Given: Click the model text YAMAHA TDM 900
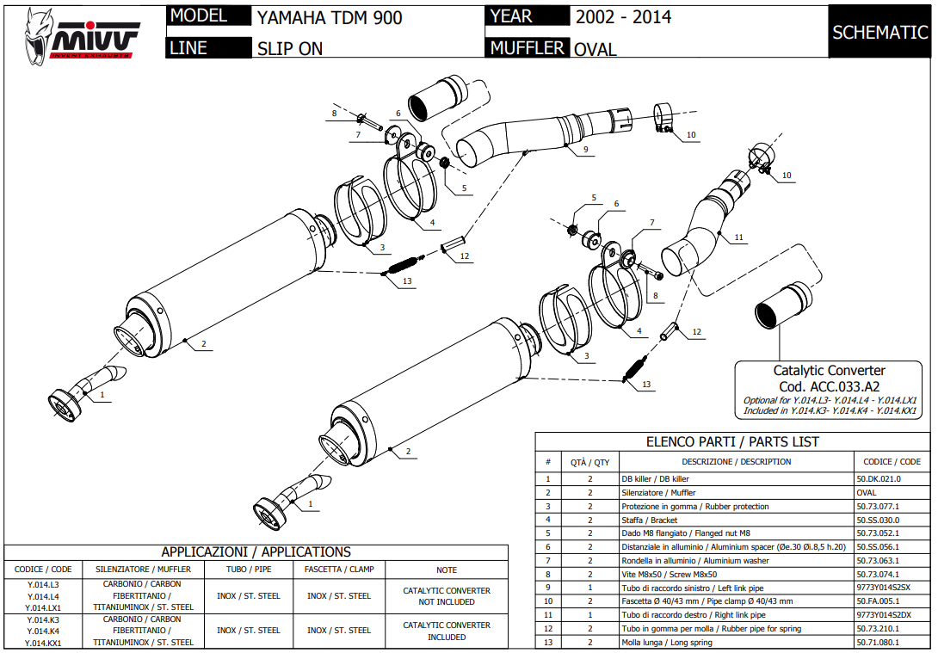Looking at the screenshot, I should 329,17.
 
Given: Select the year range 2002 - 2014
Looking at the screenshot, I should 623,17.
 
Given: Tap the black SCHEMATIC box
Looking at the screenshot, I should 879,33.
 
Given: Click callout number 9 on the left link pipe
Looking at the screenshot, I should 584,150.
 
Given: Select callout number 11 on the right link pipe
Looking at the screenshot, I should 738,237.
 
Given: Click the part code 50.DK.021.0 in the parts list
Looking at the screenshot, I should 879,479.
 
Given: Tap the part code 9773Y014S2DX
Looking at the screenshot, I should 884,614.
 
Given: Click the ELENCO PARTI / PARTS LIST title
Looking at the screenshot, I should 732,442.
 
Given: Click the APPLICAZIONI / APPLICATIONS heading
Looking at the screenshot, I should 256,552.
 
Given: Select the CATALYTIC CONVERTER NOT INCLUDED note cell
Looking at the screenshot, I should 447,596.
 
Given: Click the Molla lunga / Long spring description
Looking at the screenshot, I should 667,642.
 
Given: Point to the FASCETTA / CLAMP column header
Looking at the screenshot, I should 338,570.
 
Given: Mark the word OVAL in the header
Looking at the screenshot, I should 596,50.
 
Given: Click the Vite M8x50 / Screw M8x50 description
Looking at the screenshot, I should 669,574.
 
